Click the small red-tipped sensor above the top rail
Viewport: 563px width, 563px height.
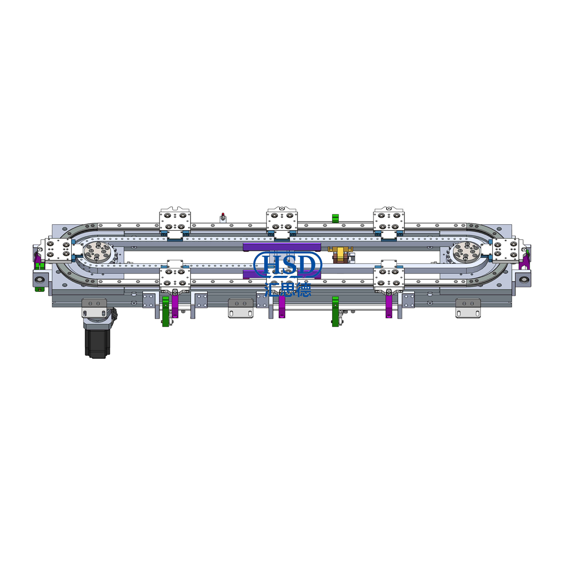point(223,217)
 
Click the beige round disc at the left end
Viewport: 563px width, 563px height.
point(97,252)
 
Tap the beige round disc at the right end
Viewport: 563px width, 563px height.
point(466,252)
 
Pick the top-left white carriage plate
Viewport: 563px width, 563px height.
point(175,222)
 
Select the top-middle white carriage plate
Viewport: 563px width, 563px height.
point(282,222)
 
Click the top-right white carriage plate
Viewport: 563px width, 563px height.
point(389,222)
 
